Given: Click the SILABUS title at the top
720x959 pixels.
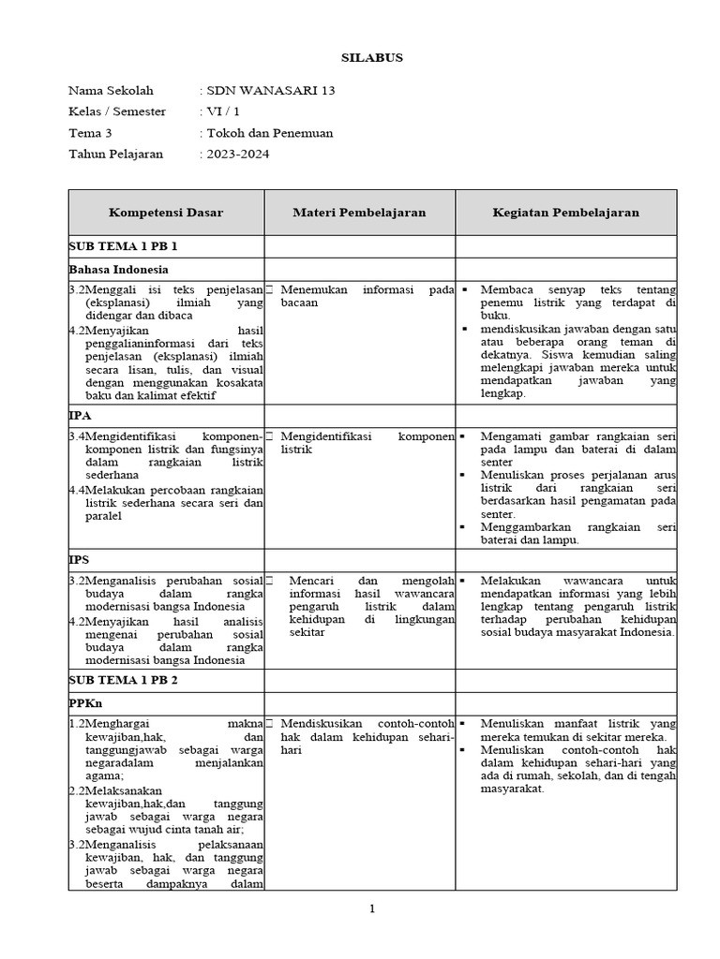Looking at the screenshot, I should point(370,58).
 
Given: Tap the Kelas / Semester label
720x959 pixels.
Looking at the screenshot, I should point(117,111).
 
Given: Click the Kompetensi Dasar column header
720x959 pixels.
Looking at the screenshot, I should point(166,213).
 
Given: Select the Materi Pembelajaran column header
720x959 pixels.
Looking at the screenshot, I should point(360,213).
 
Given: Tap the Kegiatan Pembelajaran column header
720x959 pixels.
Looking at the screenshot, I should point(565,213).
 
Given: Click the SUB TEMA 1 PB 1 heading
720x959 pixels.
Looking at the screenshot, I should point(123,246).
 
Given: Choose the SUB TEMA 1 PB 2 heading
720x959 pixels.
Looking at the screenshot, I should point(123,681).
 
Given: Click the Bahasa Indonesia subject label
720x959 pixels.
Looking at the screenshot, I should point(118,269).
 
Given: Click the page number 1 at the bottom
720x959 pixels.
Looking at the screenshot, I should point(371,908).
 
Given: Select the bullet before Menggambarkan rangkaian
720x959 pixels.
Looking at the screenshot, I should point(466,527).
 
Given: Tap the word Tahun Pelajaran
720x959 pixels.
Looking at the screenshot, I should point(116,154).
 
